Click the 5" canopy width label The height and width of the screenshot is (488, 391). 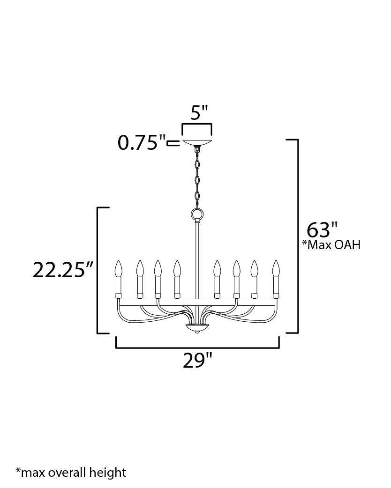[197, 113]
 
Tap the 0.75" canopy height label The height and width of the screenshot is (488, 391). [142, 143]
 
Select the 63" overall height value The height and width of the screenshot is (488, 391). [322, 230]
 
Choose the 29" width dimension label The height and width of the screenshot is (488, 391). [197, 361]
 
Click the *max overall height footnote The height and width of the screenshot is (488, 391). [71, 472]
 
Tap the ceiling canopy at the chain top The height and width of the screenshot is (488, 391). [197, 143]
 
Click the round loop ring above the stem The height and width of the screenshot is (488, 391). [197, 215]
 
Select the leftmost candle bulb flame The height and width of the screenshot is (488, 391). [119, 269]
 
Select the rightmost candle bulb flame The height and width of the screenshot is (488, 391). [276, 269]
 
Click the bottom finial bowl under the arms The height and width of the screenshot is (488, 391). [197, 327]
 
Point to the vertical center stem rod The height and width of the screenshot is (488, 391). [197, 262]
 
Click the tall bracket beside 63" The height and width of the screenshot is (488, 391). [297, 237]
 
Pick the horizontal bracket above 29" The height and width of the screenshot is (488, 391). [197, 347]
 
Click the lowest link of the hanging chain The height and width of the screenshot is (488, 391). [197, 196]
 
